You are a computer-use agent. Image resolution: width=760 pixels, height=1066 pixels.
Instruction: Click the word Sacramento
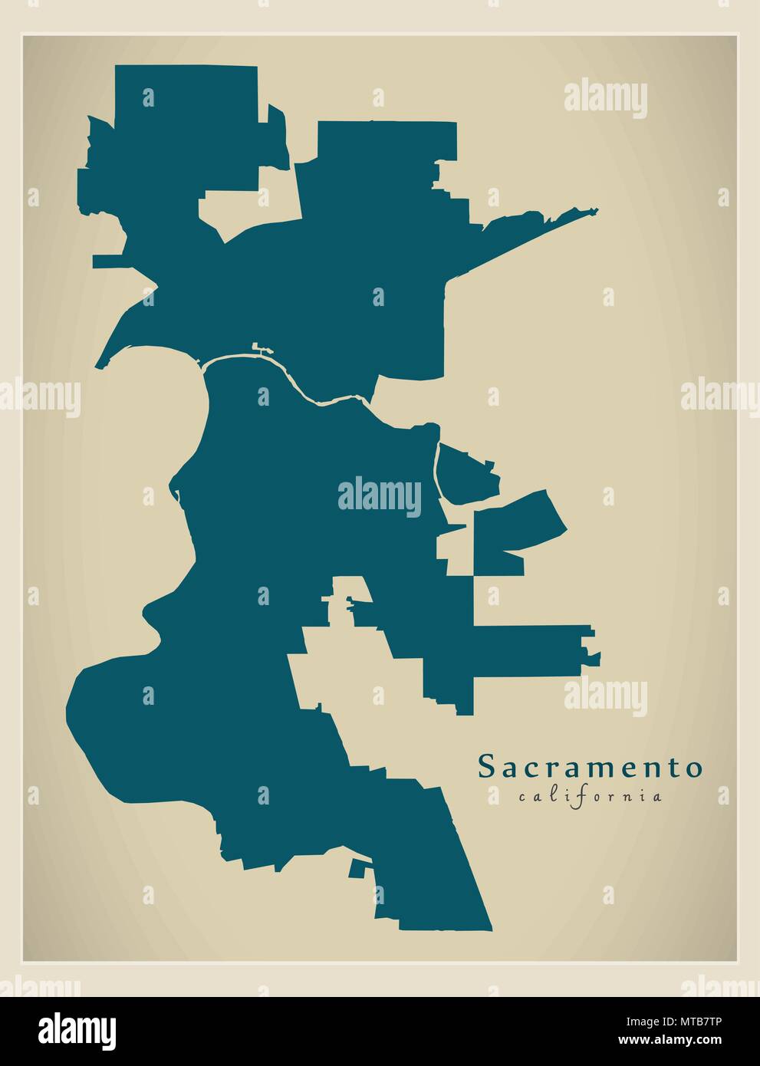point(590,767)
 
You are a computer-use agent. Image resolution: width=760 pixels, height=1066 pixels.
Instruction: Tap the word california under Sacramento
point(590,796)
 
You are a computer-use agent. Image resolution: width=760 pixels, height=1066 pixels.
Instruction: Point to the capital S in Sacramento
point(485,767)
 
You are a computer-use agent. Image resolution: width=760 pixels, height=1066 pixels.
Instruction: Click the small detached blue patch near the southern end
point(357,869)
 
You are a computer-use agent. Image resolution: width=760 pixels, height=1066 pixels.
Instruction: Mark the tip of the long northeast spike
point(597,209)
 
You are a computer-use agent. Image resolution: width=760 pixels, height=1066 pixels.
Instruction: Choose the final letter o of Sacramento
point(693,767)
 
